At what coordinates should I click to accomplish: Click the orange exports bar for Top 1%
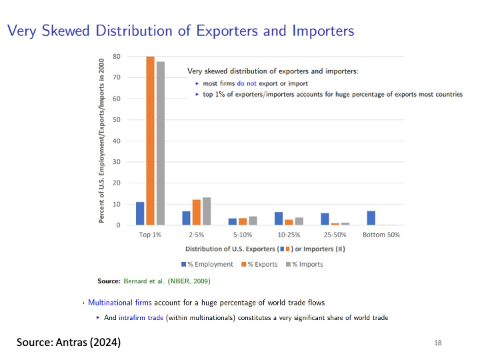[x=150, y=141]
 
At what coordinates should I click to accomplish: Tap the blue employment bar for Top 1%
[x=140, y=213]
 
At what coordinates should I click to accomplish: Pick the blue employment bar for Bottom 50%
[x=371, y=218]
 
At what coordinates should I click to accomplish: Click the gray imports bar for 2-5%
[x=207, y=211]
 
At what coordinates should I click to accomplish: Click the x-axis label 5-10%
[x=243, y=235]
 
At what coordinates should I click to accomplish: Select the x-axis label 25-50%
[x=335, y=235]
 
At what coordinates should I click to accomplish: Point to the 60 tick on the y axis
[x=117, y=99]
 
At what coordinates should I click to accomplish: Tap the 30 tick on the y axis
[x=117, y=162]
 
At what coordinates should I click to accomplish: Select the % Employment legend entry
[x=211, y=264]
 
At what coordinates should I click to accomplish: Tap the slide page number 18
[x=437, y=343]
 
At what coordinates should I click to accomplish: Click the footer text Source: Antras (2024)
[x=69, y=342]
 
